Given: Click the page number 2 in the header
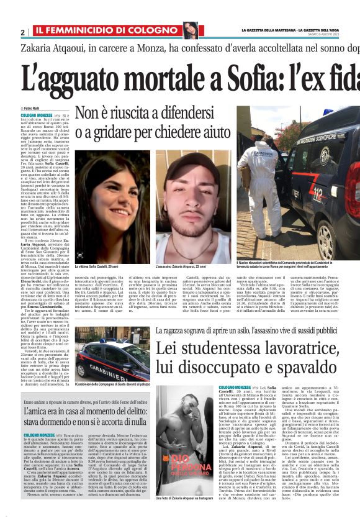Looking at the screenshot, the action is point(23,32).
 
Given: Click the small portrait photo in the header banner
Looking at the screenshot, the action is point(190,29).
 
